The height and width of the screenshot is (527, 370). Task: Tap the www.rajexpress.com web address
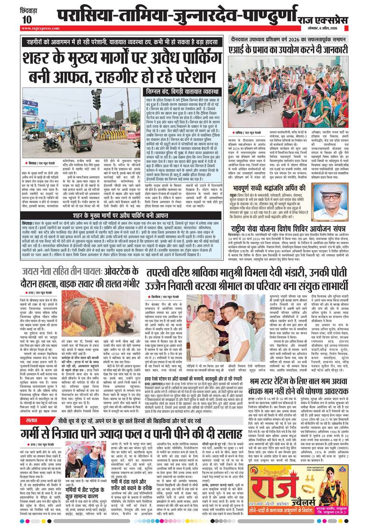pyautogui.click(x=36, y=28)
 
